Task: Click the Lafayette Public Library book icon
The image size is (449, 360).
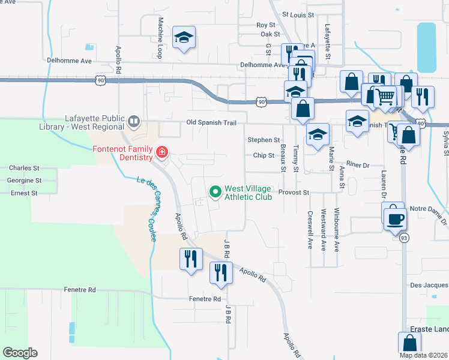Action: pyautogui.click(x=134, y=123)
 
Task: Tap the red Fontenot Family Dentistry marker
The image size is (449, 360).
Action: pyautogui.click(x=161, y=153)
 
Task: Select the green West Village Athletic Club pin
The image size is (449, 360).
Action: pyautogui.click(x=215, y=192)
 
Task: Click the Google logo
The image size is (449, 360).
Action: pyautogui.click(x=20, y=353)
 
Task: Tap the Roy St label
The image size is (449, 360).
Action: pyautogui.click(x=265, y=25)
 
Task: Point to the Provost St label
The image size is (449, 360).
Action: pyautogui.click(x=294, y=193)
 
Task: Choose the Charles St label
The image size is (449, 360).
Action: pyautogui.click(x=24, y=169)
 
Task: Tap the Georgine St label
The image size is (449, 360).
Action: pyautogui.click(x=24, y=180)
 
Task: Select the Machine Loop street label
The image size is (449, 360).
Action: pyautogui.click(x=161, y=37)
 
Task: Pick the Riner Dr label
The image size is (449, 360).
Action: pyautogui.click(x=357, y=164)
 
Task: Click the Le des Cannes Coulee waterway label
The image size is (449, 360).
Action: pyautogui.click(x=148, y=207)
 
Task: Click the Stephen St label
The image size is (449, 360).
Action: pyautogui.click(x=264, y=140)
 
